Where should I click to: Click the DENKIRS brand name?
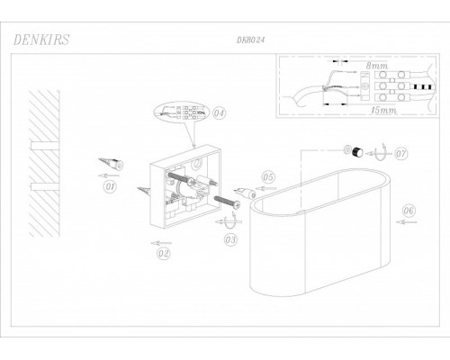pos(41,40)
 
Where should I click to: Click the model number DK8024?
pos(251,40)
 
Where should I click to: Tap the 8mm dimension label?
pos(376,66)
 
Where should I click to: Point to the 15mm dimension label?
pos(384,110)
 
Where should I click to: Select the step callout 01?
pos(110,186)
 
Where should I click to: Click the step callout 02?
pos(164,254)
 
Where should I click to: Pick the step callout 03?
pos(230,239)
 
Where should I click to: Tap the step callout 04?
pos(219,113)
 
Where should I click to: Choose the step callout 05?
pos(268,177)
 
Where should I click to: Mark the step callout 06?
pos(409,211)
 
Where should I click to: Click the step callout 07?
pos(401,154)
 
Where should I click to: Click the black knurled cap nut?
pos(357,152)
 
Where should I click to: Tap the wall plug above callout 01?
pos(112,163)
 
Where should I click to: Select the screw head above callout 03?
pos(237,204)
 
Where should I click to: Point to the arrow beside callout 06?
pos(406,222)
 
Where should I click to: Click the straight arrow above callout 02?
pos(161,243)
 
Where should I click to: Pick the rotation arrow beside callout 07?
pos(379,153)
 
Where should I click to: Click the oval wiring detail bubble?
pos(180,112)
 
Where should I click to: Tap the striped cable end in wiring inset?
pos(423,86)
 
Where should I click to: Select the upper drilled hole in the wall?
pos(45,146)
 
